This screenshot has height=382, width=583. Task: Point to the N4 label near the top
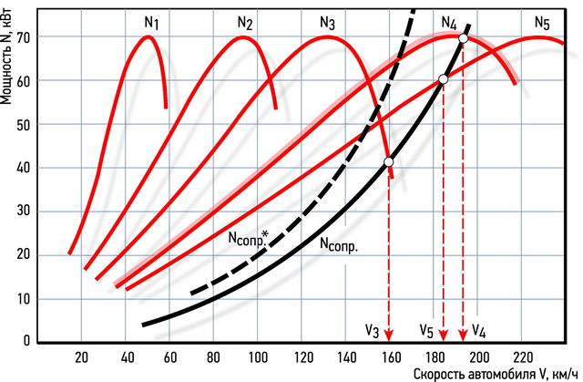coord(449,23)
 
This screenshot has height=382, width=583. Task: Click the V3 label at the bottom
coord(373,329)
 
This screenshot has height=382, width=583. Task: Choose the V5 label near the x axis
coord(426,329)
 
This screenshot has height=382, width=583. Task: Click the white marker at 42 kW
coord(389,161)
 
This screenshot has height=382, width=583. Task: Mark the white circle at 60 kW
coord(444,79)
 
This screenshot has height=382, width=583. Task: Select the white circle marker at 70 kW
coord(464,38)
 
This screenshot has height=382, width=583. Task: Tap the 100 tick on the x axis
coord(258,356)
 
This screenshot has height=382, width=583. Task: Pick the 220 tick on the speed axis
coord(523,356)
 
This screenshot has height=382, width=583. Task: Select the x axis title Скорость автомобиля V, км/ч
coord(496,373)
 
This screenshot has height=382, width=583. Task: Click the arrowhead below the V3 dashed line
coord(389,334)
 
